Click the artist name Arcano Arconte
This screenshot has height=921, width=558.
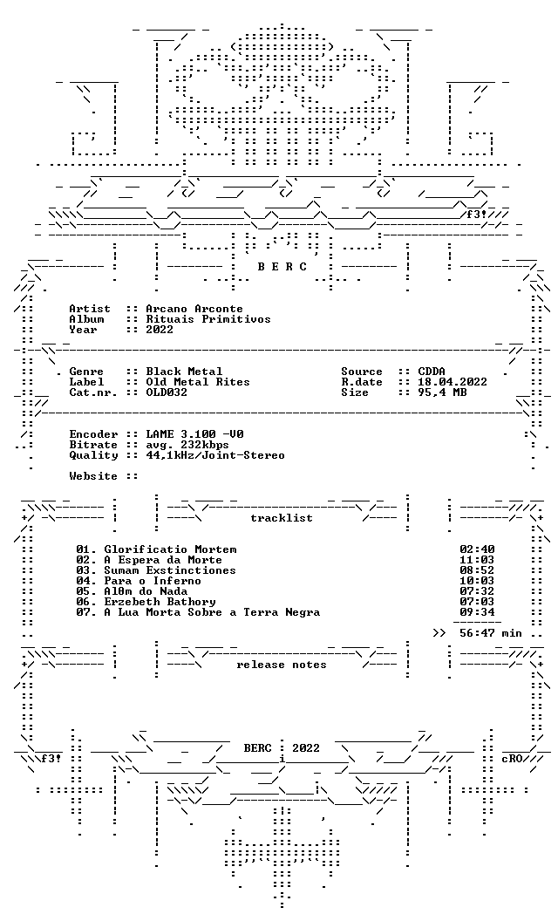pos(194,309)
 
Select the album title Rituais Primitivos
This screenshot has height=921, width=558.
pos(208,319)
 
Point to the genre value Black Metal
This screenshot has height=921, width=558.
pos(185,372)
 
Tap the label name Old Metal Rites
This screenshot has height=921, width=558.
pos(198,382)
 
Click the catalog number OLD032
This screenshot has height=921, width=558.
pos(167,392)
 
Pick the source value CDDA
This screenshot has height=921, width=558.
pos(432,372)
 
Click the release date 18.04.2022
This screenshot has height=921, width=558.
pos(453,382)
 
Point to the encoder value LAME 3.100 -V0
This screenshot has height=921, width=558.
pos(194,434)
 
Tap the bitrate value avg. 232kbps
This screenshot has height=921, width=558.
pos(187,445)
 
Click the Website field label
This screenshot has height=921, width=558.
pos(92,476)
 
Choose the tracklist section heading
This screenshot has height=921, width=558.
pos(282,518)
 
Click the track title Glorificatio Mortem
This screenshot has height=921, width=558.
pos(170,549)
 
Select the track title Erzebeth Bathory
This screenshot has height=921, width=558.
pos(160,602)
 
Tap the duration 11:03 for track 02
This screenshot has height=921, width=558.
pos(477,560)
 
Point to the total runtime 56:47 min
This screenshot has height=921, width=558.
pos(491,633)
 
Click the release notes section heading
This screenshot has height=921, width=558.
pos(282,665)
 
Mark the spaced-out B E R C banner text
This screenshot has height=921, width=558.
pos(282,267)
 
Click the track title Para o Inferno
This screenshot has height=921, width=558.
pos(153,581)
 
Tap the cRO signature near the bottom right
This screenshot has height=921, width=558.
pos(512,758)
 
